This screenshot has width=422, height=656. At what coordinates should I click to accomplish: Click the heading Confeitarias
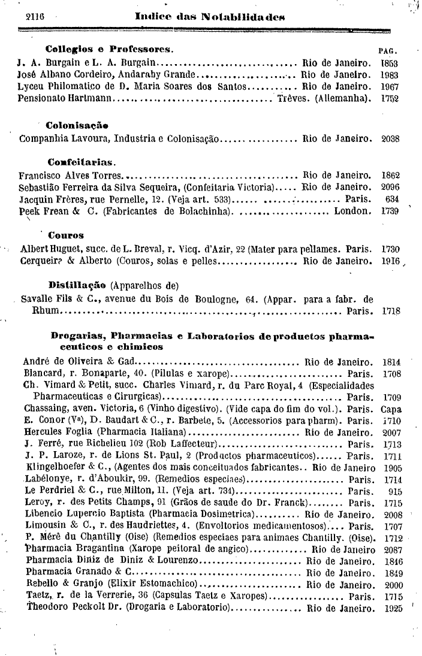coord(82,162)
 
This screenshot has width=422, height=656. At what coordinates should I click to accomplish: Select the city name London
coord(351,211)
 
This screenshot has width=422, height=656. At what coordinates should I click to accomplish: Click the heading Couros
coord(66,235)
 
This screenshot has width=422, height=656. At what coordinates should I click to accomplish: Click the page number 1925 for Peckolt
coord(393,609)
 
